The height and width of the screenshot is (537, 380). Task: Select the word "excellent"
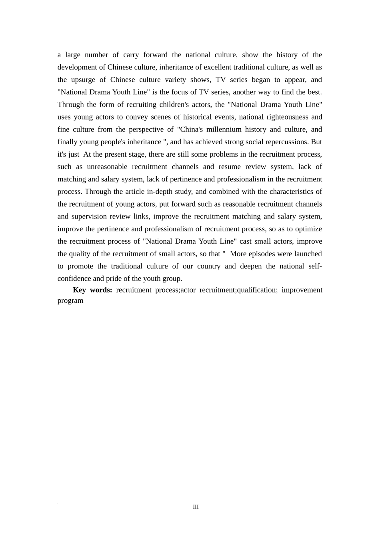(x=218, y=67)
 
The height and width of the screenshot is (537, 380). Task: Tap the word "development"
(x=77, y=67)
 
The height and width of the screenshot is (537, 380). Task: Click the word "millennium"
(x=224, y=129)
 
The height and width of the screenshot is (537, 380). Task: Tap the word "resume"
(x=229, y=167)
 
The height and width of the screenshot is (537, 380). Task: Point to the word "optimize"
(x=308, y=229)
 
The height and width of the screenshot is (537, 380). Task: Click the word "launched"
(x=308, y=254)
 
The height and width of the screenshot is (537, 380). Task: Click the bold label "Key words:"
(x=92, y=290)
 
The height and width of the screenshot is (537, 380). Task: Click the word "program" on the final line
(x=70, y=300)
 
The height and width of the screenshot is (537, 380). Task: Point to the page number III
(x=196, y=507)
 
